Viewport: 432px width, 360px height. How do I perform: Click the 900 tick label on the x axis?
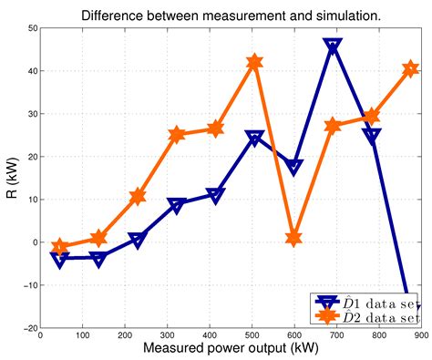click(x=417, y=336)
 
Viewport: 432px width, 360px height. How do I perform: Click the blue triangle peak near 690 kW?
click(x=333, y=46)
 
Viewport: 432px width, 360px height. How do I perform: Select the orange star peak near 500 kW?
click(x=255, y=62)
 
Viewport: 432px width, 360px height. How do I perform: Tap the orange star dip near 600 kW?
click(x=293, y=238)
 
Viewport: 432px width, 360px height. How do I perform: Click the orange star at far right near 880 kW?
click(x=410, y=68)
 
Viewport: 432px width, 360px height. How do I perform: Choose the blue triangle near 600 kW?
click(x=293, y=167)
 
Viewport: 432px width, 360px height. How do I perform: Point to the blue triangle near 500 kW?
click(x=254, y=138)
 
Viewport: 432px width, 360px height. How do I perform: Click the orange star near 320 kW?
click(x=177, y=135)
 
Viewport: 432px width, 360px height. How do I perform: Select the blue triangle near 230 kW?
click(x=138, y=240)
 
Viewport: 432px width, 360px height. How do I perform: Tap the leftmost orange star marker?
click(x=60, y=247)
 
